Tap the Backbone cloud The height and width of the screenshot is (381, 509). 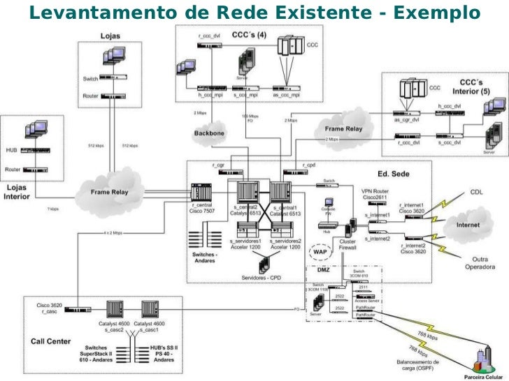209,133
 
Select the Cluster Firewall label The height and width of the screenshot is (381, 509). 348,244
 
